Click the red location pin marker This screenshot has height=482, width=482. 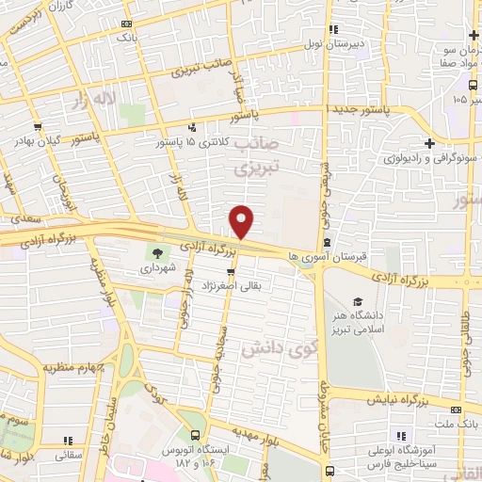242,221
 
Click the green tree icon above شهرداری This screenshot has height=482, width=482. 153,252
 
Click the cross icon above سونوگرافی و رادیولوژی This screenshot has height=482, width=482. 429,143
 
